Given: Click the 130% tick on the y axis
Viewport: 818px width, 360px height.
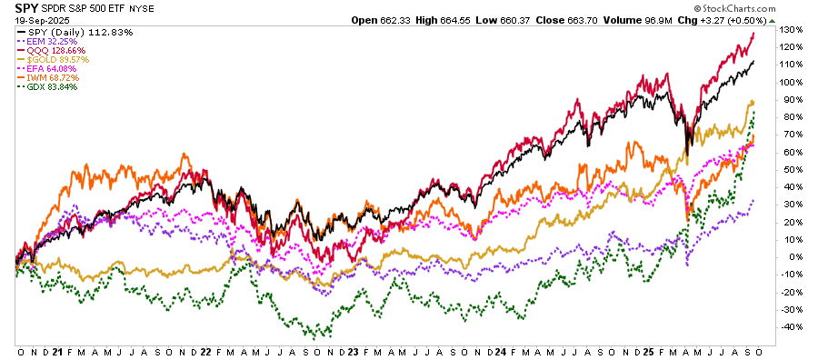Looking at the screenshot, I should pyautogui.click(x=791, y=31).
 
